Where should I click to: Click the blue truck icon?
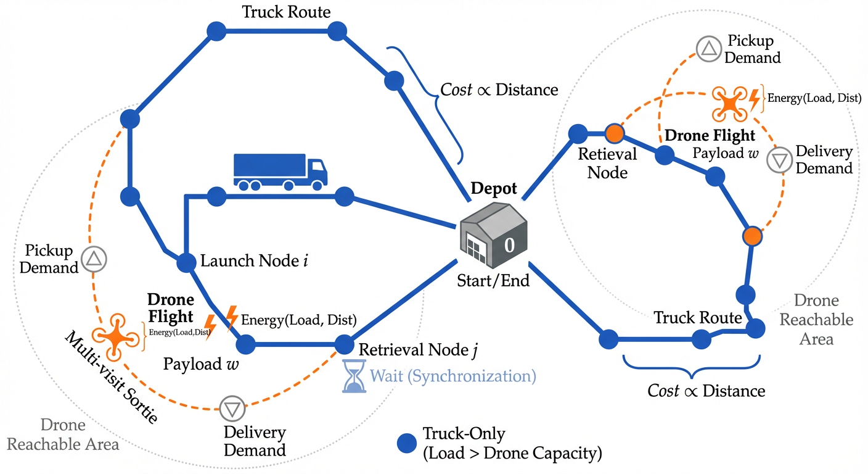coord(280,171)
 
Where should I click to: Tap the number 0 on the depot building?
coord(509,245)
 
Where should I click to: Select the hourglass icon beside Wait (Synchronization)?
coord(354,376)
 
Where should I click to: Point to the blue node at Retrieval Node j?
coord(344,344)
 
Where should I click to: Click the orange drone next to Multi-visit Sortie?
coord(117,336)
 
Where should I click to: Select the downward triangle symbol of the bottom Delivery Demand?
coord(232,408)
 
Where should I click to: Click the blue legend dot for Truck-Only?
coord(406,443)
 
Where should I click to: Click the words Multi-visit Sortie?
coord(111,377)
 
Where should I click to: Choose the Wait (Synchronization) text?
coord(452,376)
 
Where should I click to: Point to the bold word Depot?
coord(493,189)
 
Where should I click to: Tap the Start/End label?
coord(493,281)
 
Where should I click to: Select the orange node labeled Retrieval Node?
coord(615,133)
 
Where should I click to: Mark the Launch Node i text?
coord(254,260)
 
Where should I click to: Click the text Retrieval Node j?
coord(417,351)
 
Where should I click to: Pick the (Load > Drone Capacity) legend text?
coord(512,454)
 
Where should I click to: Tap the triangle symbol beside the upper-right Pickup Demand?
coord(708,49)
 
